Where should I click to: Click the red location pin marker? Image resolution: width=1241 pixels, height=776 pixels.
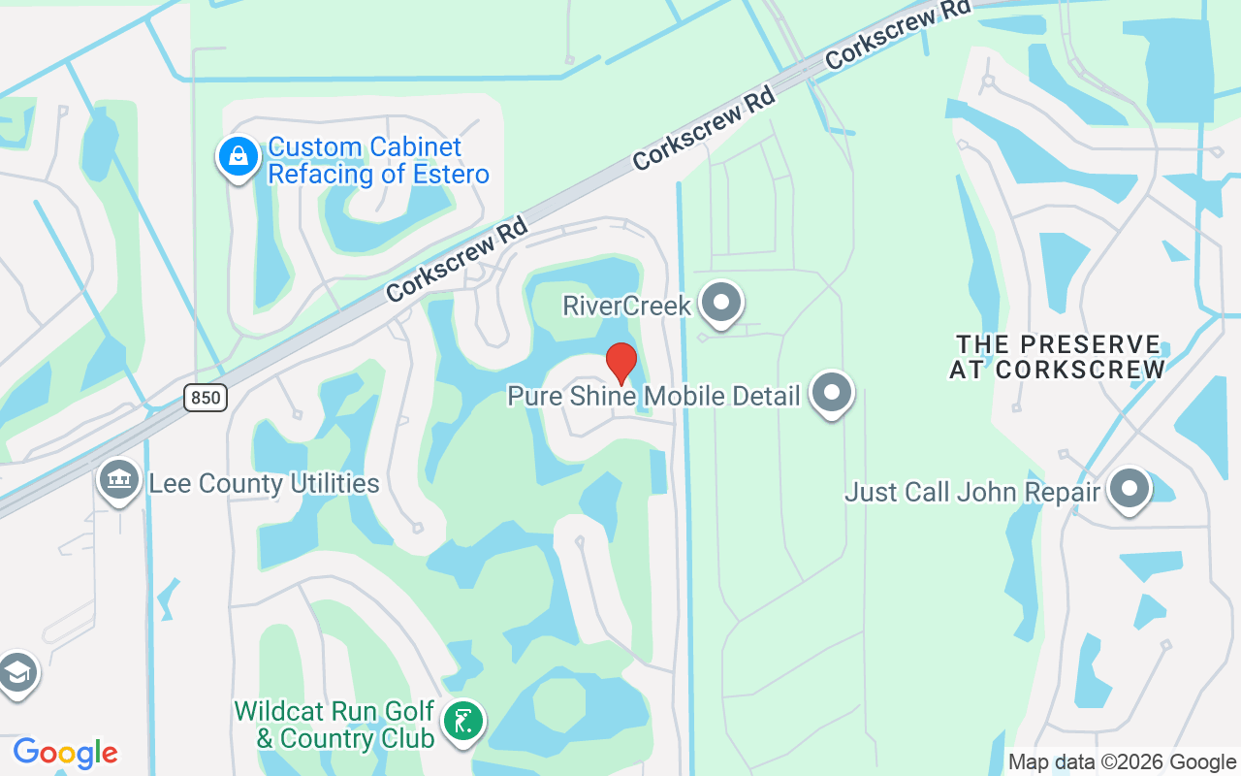[x=621, y=363]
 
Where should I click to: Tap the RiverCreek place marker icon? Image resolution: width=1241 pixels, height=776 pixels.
[x=720, y=303]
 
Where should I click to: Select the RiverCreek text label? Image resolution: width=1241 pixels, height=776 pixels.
[x=626, y=307]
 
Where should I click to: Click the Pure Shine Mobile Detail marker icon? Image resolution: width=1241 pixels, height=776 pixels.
[x=831, y=393]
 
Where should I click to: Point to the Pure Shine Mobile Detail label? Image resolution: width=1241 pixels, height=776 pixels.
[x=654, y=396]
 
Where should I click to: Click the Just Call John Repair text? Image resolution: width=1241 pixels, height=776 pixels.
[x=972, y=492]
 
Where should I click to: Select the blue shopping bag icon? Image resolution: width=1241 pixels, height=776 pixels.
[x=238, y=156]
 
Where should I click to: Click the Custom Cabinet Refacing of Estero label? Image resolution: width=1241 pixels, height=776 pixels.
[x=378, y=161]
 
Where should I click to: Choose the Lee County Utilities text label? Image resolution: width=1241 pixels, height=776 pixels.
[x=264, y=483]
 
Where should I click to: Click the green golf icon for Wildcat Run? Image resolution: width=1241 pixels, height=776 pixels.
[x=463, y=723]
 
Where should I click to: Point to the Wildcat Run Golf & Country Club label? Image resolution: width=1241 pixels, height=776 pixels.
[x=334, y=725]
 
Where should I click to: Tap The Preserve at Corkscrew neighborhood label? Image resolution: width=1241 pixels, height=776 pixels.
[x=1057, y=357]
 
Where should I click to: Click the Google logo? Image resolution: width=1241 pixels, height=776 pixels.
[x=65, y=753]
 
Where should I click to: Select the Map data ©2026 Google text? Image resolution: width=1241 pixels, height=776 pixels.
[x=1122, y=762]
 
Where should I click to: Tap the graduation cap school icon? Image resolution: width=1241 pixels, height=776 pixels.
[x=16, y=672]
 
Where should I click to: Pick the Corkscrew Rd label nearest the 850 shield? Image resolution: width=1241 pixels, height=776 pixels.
[x=457, y=259]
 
